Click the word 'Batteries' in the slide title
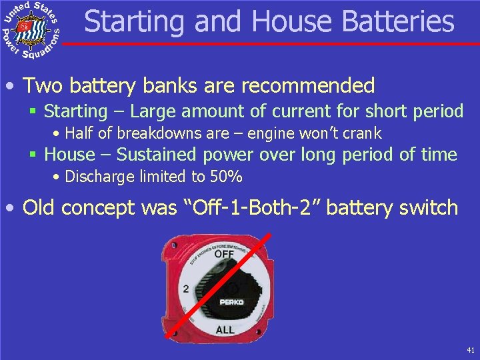(398, 21)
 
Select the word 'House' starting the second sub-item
(69, 155)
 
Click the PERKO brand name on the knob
(232, 302)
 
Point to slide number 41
(471, 350)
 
